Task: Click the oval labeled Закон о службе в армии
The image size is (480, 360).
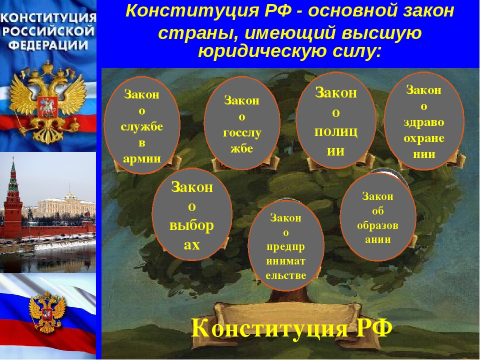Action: (x=141, y=125)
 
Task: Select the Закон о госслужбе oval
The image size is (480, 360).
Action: (x=242, y=123)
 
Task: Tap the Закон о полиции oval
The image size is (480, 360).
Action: (x=336, y=120)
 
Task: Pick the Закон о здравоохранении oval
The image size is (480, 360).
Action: (x=424, y=120)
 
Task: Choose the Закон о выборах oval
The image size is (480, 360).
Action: (x=192, y=214)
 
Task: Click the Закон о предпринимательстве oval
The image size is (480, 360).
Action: (x=286, y=245)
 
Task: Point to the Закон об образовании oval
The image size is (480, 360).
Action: (x=378, y=217)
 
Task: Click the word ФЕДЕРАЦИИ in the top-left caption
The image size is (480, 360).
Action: (x=48, y=45)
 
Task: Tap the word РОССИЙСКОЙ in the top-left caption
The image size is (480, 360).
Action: (x=48, y=31)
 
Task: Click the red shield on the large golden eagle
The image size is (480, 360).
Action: (x=47, y=106)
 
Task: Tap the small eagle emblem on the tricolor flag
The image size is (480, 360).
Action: (x=47, y=311)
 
